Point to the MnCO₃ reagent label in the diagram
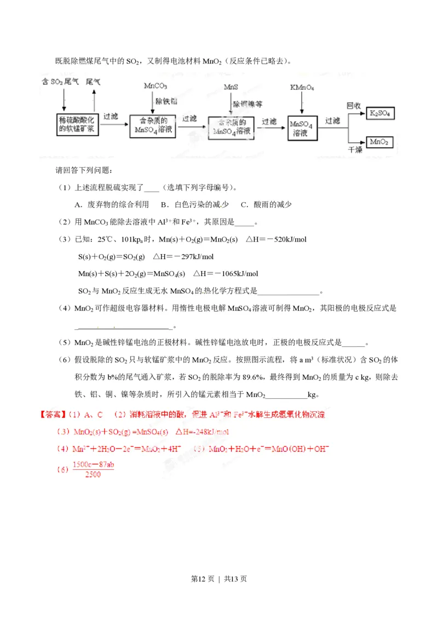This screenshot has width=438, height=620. (155, 86)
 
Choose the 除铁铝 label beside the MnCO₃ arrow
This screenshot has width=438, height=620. (166, 101)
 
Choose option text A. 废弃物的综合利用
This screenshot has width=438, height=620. (113, 205)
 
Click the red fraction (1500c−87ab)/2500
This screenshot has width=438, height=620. (93, 469)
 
